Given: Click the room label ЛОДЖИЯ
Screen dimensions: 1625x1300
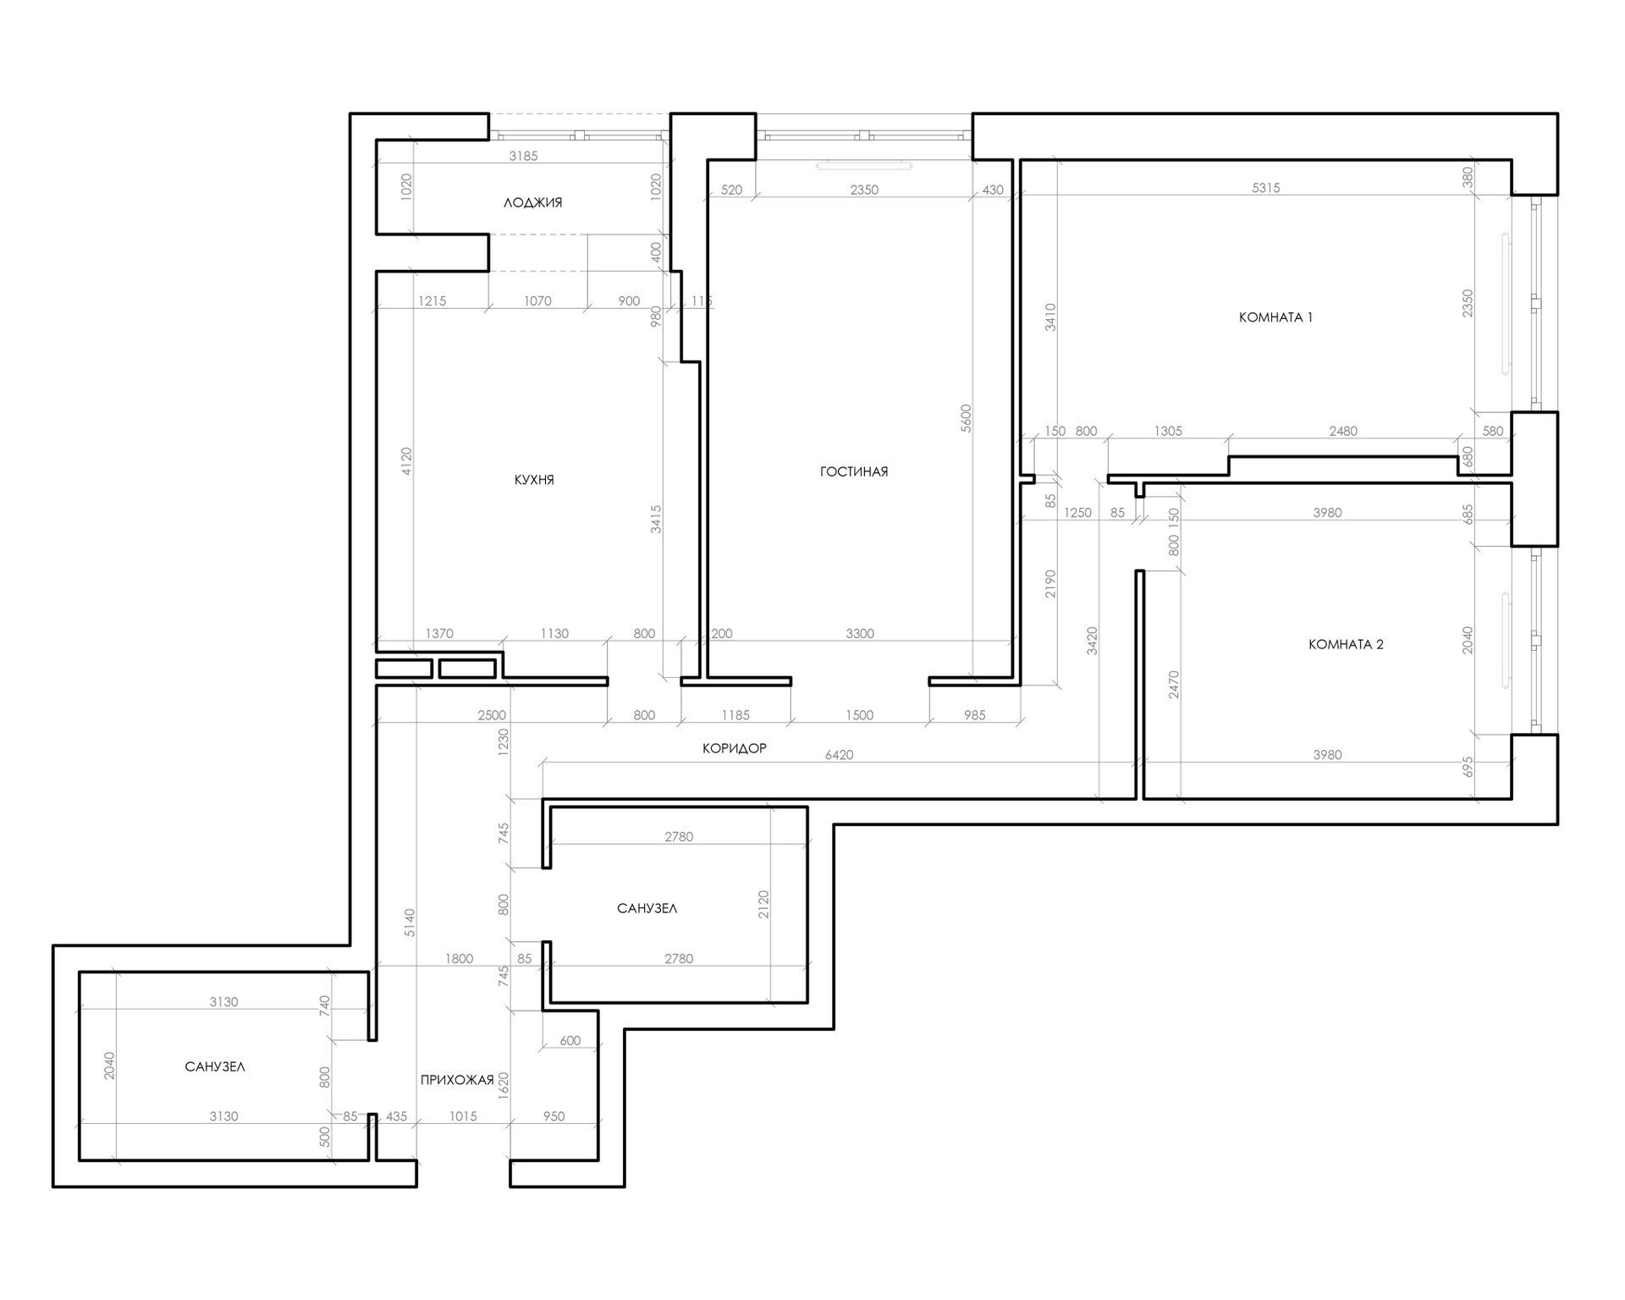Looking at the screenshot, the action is pyautogui.click(x=532, y=203).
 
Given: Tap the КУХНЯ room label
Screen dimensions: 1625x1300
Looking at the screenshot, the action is pyautogui.click(x=534, y=480).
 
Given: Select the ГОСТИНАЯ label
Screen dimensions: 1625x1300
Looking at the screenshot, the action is pyautogui.click(x=854, y=471).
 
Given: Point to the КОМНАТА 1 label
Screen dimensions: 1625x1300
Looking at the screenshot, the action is pyautogui.click(x=1275, y=317).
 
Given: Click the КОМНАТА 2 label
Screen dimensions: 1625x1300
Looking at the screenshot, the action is pyautogui.click(x=1346, y=644).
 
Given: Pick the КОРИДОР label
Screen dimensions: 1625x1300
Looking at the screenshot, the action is pyautogui.click(x=735, y=748).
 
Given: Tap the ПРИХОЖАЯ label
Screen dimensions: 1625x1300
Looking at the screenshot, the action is pyautogui.click(x=457, y=1080).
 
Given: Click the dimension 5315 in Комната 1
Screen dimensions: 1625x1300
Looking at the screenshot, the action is pyautogui.click(x=1266, y=188).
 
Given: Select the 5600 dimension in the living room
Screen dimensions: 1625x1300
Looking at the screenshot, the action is pyautogui.click(x=967, y=418).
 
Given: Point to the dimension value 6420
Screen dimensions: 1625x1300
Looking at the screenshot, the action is pyautogui.click(x=839, y=755).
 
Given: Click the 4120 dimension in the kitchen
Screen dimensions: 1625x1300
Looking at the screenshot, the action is pyautogui.click(x=406, y=461).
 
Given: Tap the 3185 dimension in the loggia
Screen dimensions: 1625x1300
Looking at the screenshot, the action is pyautogui.click(x=523, y=156).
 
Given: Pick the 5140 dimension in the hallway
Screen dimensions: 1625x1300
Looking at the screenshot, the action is pyautogui.click(x=410, y=923).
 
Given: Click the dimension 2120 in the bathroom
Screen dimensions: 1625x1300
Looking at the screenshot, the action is pyautogui.click(x=763, y=905).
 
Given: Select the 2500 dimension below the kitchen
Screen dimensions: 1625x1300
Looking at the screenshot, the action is pyautogui.click(x=492, y=715).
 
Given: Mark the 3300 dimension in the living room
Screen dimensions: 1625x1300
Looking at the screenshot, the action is pyautogui.click(x=860, y=633).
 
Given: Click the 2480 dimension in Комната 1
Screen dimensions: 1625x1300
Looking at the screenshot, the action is pyautogui.click(x=1343, y=431).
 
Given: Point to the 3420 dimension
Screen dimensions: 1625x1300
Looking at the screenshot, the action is pyautogui.click(x=1092, y=641).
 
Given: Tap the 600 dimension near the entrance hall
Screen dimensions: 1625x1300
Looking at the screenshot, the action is pyautogui.click(x=570, y=1040).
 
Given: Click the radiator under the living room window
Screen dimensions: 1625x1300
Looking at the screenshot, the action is pyautogui.click(x=864, y=166).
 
